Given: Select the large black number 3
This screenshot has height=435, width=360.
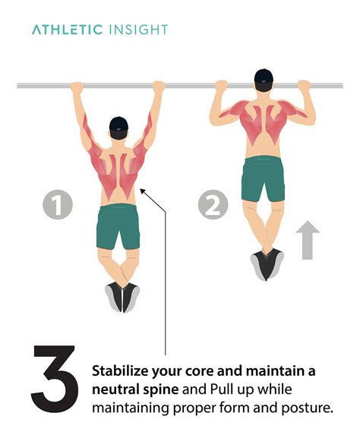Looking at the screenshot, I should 54,377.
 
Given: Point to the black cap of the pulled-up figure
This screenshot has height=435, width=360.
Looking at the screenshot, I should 262,77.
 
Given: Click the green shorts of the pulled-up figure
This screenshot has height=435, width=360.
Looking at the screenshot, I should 263,179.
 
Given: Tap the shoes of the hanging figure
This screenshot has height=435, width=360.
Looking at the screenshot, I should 122,296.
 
